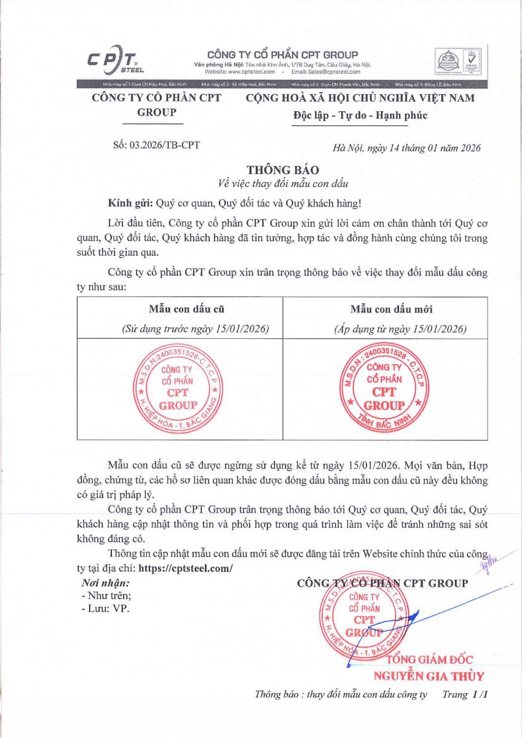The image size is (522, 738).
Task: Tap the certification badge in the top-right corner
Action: tap(456, 61)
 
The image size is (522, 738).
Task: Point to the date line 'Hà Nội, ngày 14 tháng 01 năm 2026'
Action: tap(406, 148)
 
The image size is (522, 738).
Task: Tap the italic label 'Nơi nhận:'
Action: tap(105, 582)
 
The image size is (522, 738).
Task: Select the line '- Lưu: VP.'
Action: tap(106, 608)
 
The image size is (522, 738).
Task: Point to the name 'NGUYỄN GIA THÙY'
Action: tap(429, 676)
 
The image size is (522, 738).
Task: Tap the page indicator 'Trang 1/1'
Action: tap(465, 695)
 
